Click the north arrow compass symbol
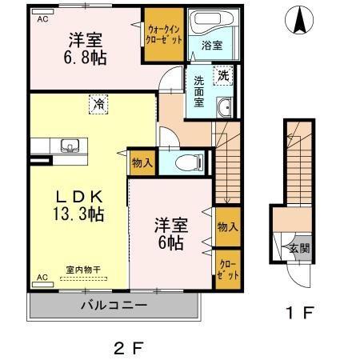pyautogui.click(x=300, y=21)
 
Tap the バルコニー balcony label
pyautogui.click(x=113, y=306)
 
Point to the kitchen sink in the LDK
pyautogui.click(x=67, y=146)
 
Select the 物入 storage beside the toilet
pyautogui.click(x=141, y=163)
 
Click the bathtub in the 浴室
pyautogui.click(x=212, y=23)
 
